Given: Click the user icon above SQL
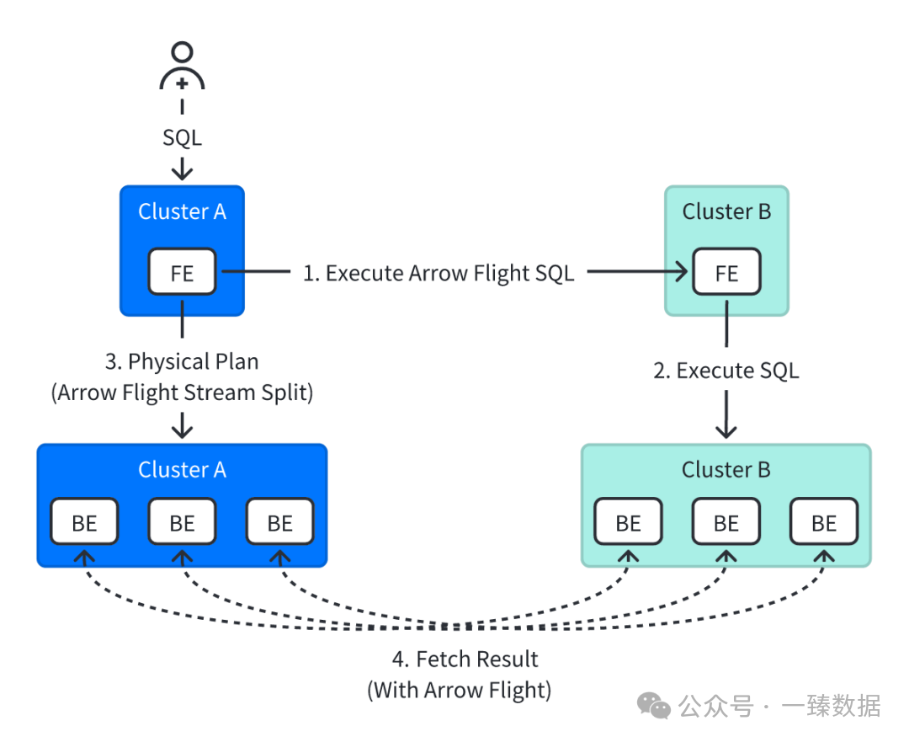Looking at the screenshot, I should click(182, 67).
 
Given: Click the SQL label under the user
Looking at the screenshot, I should click(182, 137).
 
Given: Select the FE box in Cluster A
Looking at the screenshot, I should click(182, 273).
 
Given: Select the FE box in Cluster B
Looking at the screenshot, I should click(726, 273).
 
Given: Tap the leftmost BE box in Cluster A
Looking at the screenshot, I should click(84, 522).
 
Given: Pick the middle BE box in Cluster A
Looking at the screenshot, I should click(182, 522).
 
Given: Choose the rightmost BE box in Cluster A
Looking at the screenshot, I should click(279, 522).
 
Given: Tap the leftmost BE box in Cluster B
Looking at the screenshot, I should click(629, 522).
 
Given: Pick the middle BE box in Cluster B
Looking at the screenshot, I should click(726, 522).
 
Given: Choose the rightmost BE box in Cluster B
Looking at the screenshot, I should click(824, 522).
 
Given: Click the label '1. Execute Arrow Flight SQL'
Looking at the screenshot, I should click(439, 273).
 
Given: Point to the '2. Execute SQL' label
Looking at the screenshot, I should click(726, 371).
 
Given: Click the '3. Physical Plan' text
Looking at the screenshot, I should click(182, 361).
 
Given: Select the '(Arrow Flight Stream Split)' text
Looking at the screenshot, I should click(182, 392).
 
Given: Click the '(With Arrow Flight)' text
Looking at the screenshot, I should click(460, 691).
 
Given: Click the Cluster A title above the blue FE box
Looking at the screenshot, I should click(182, 211).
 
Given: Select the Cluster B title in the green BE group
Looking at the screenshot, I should click(726, 469).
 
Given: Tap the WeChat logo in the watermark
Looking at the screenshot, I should click(653, 706).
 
